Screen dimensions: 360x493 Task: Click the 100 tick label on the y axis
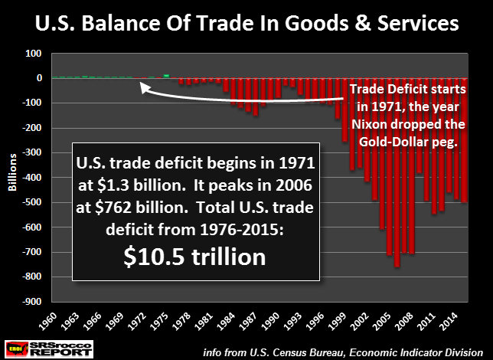[34, 54]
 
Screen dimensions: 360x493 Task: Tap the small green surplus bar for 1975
[166, 76]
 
